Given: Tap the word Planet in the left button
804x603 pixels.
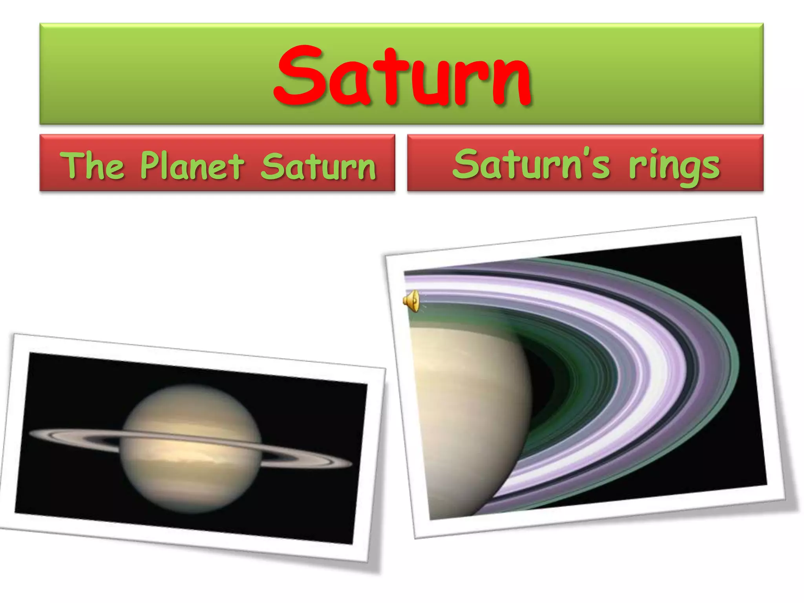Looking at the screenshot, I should tap(192, 166).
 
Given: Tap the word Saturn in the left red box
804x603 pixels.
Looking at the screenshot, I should tap(318, 167).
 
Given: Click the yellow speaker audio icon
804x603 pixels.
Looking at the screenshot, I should tap(411, 301).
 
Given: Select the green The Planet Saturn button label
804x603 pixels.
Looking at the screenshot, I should tap(217, 166).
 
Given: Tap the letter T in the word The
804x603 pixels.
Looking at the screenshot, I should tap(74, 165).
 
